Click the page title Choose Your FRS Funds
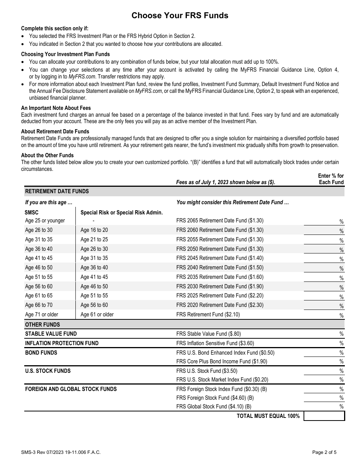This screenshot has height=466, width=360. (180, 16)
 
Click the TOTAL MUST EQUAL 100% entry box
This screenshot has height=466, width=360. (324, 416)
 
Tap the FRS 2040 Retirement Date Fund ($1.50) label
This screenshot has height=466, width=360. (220, 267)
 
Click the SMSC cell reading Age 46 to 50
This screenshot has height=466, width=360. (39, 267)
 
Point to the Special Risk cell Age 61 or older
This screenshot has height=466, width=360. (97, 314)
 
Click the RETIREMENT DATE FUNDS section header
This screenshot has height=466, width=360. (57, 191)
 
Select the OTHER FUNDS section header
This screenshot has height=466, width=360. (42, 324)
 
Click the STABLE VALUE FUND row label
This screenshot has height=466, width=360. (51, 334)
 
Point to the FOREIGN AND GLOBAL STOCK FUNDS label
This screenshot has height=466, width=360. (71, 389)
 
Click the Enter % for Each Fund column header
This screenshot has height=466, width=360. (330, 179)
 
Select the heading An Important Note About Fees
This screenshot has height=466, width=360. (56, 108)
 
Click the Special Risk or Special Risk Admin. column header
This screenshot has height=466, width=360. (122, 213)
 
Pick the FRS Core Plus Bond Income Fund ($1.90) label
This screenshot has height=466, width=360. (222, 361)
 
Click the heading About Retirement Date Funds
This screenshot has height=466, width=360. (55, 131)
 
